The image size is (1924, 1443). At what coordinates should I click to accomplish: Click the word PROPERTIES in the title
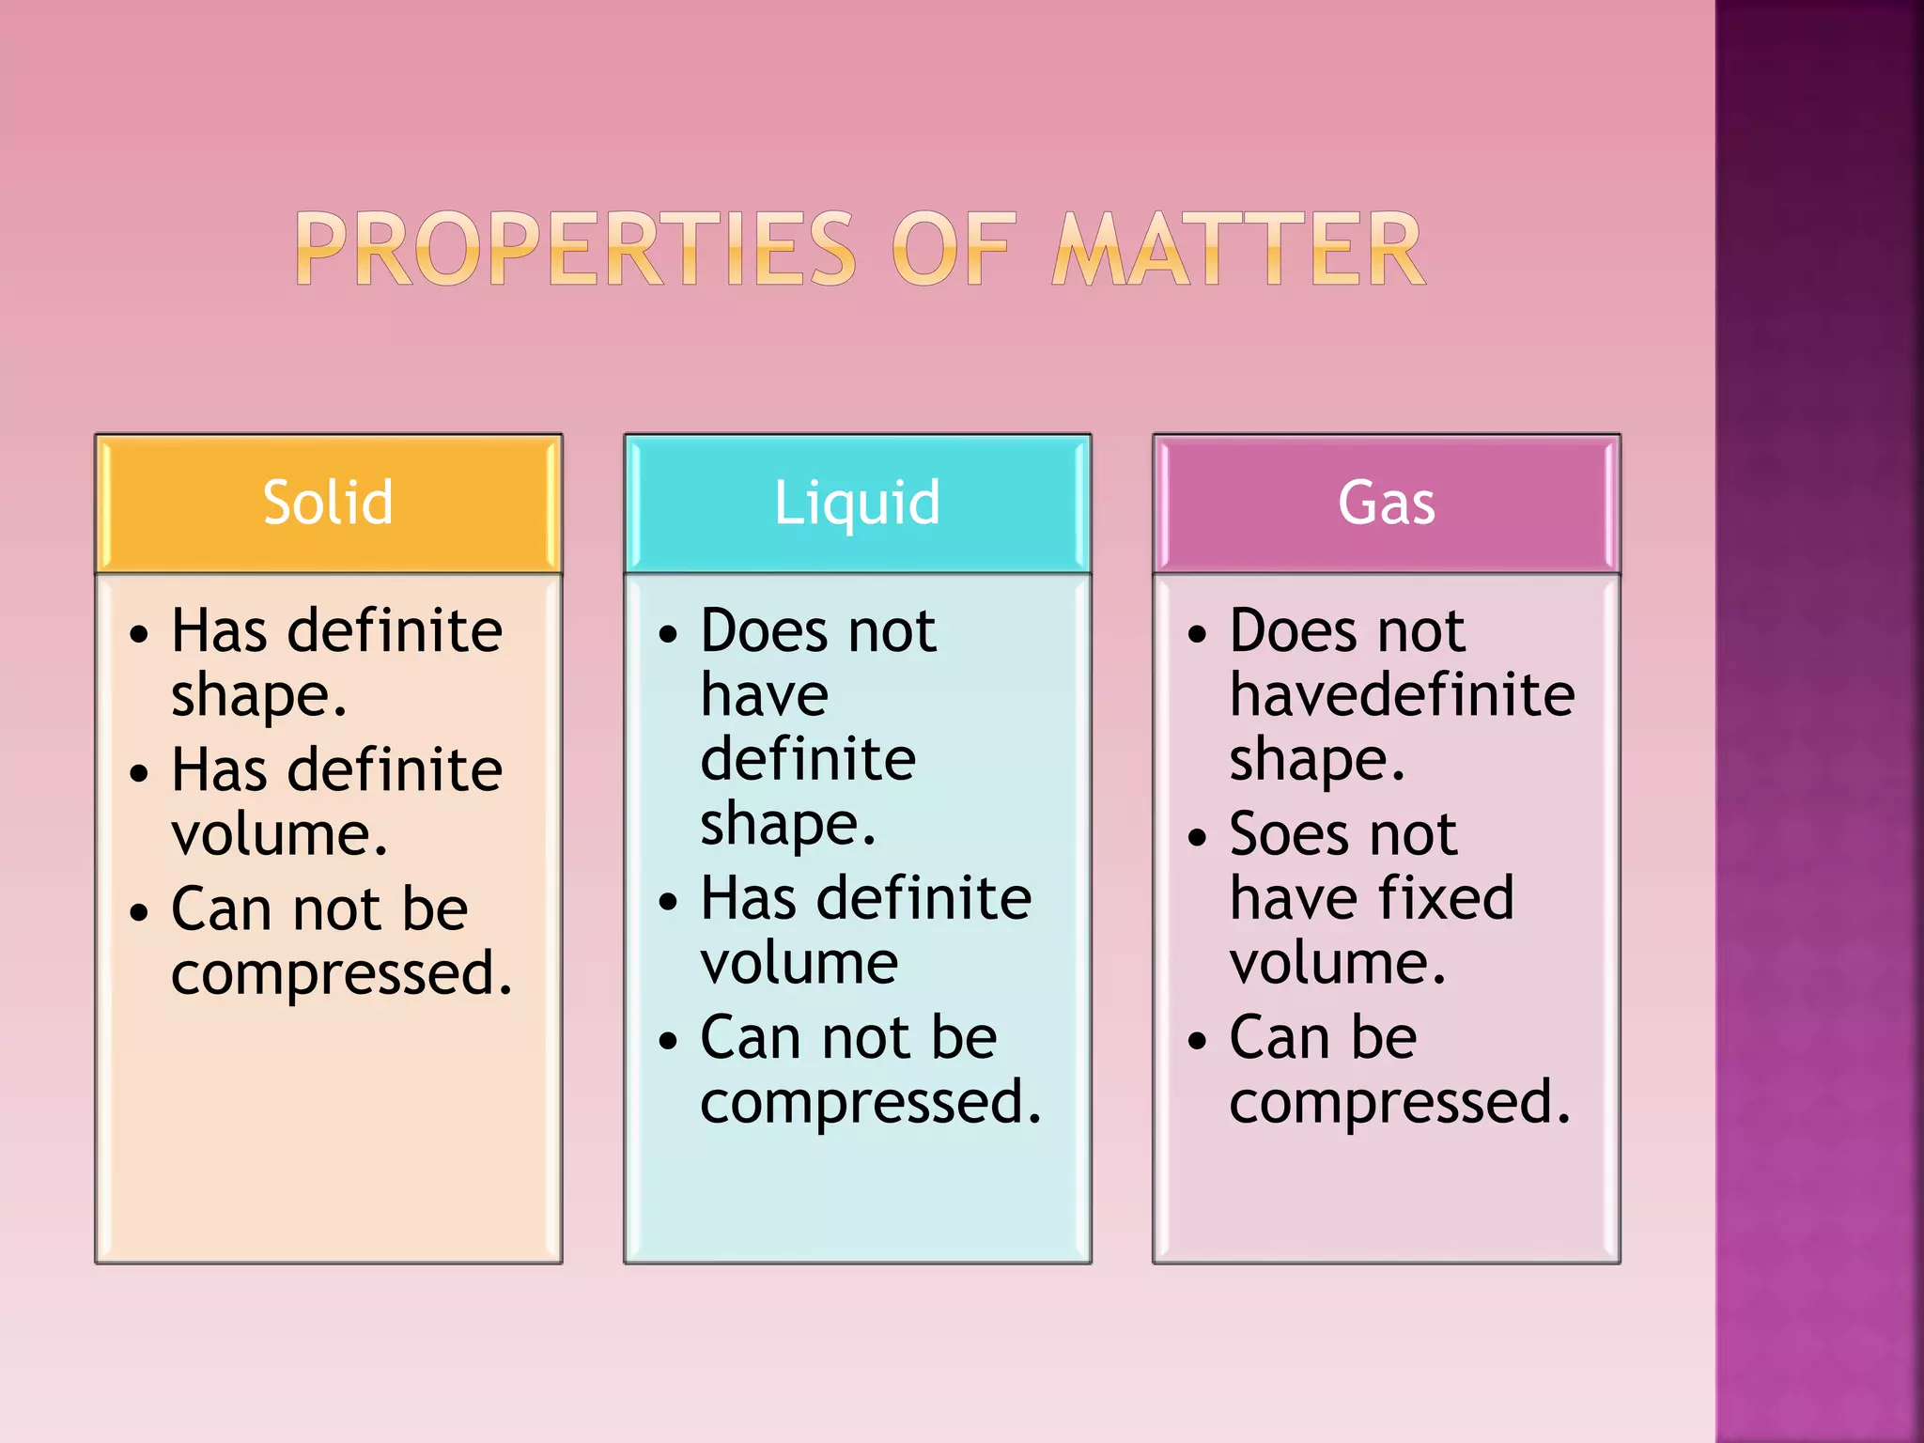(575, 249)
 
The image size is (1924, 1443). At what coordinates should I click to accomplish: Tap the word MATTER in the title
(1238, 249)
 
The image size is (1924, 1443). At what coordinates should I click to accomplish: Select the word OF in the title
(954, 249)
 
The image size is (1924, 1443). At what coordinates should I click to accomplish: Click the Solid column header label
(328, 503)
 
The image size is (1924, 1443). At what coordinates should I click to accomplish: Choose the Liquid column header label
(857, 503)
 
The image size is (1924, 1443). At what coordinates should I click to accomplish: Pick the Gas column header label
(1387, 503)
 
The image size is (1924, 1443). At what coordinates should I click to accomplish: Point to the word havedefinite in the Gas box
(1402, 695)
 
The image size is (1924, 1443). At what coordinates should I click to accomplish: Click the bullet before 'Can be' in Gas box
(1197, 1041)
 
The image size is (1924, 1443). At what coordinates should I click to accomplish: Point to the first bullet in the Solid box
(139, 634)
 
